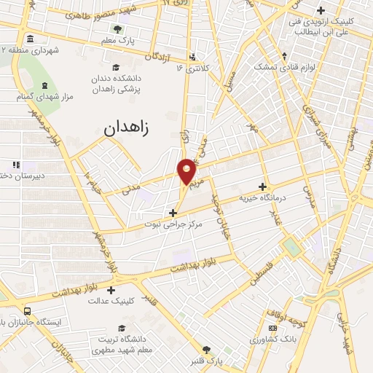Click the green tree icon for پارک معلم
[117, 29]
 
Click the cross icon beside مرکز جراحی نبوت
[173, 213]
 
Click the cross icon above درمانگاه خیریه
[262, 186]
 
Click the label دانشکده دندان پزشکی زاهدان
[117, 82]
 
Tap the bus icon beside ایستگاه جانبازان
[27, 310]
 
